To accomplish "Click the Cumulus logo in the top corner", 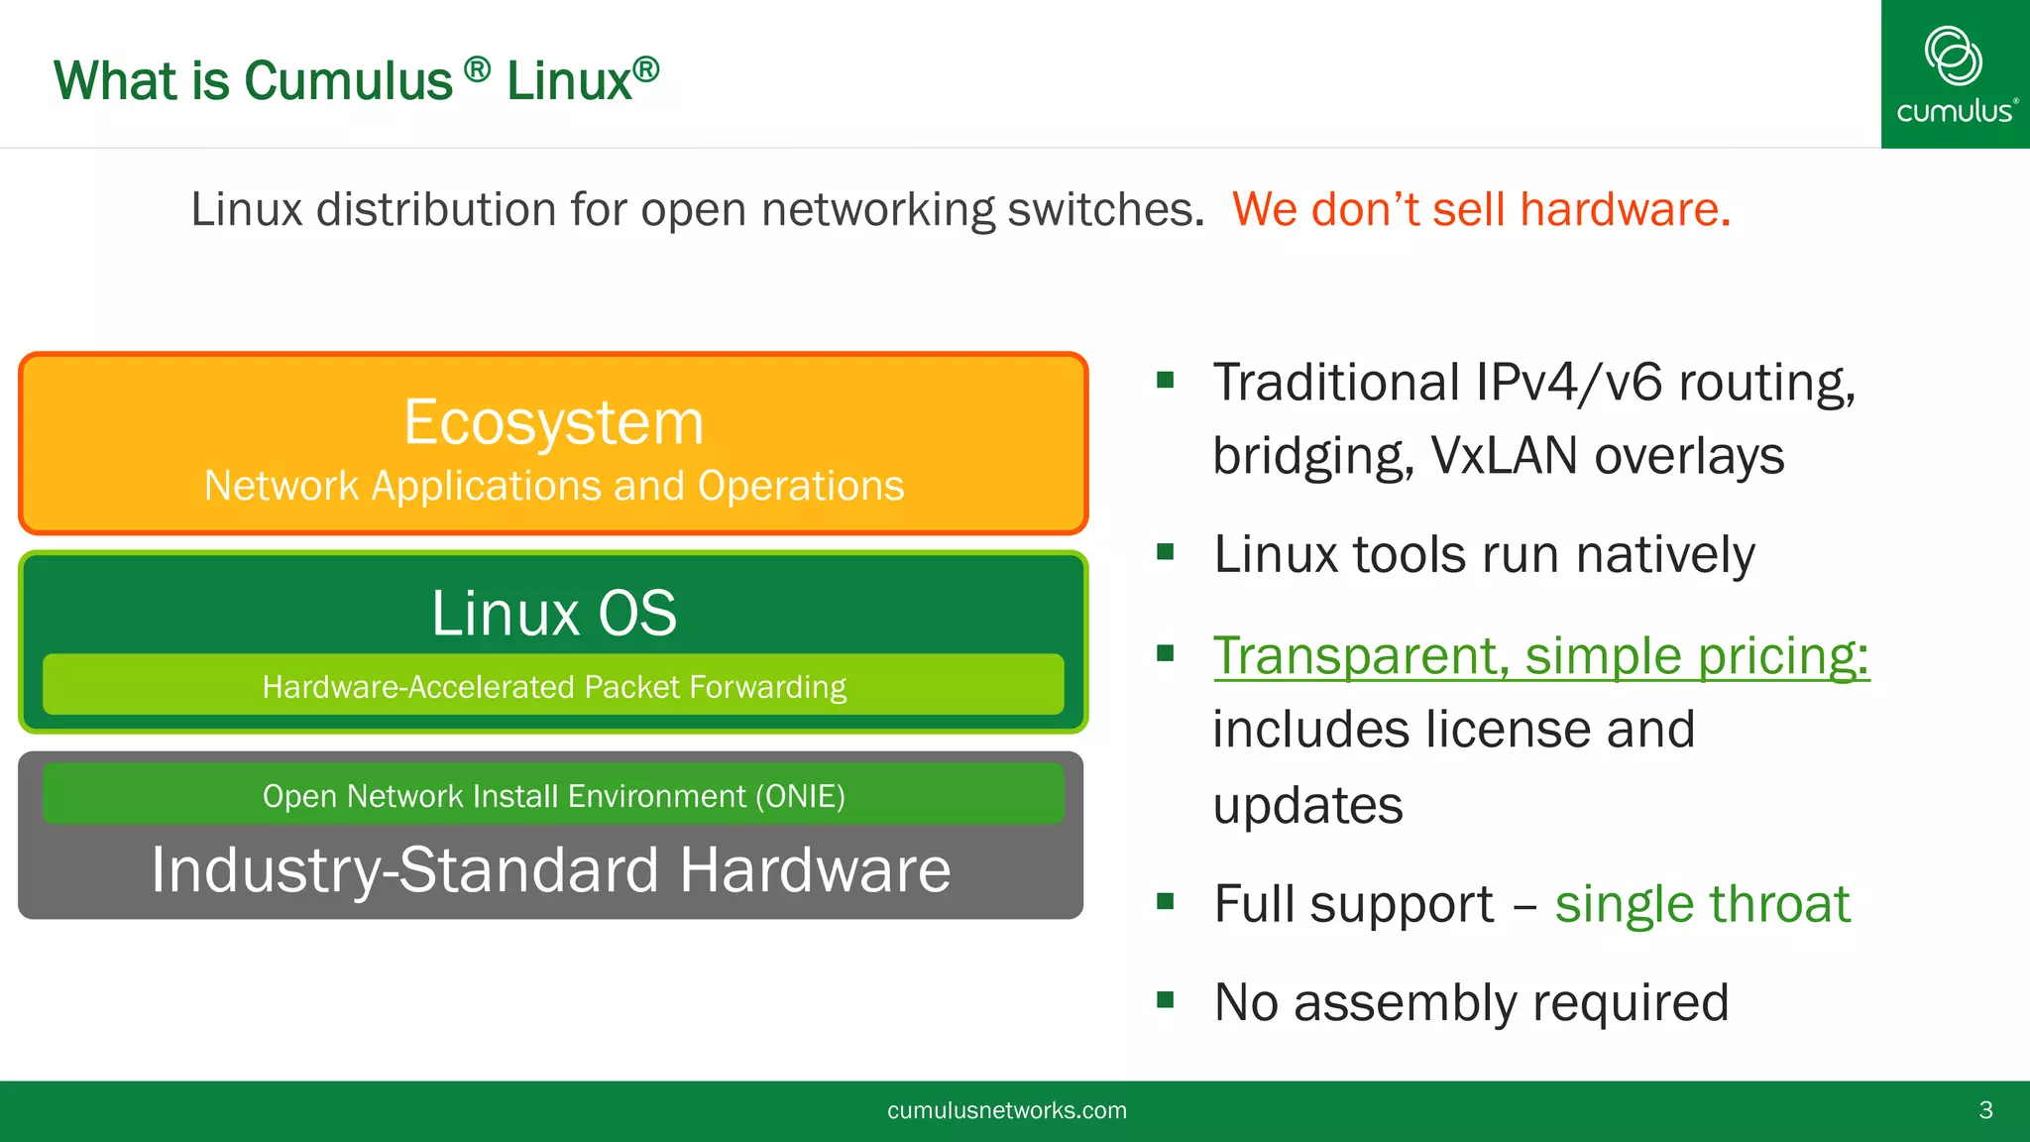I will [x=1955, y=74].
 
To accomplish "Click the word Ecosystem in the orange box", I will [x=553, y=422].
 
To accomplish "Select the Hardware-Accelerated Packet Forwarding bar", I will [x=553, y=685].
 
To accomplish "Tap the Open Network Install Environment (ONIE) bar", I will [x=553, y=795].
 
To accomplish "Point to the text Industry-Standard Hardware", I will [x=551, y=869].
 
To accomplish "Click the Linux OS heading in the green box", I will [x=553, y=613].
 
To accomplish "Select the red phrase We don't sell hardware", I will [x=1481, y=209].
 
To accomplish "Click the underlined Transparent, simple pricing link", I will [x=1540, y=655].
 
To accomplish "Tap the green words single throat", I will [x=1702, y=903].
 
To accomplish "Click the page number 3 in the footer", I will [x=1985, y=1110].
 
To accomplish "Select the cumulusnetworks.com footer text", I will [x=1007, y=1110].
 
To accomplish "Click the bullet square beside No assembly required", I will [x=1166, y=999].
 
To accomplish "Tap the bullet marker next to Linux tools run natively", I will [x=1166, y=551].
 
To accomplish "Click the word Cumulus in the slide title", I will [x=348, y=80].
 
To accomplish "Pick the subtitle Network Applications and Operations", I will [x=553, y=486].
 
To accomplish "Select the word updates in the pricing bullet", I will [x=1307, y=805].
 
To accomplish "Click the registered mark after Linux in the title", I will [x=646, y=68].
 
